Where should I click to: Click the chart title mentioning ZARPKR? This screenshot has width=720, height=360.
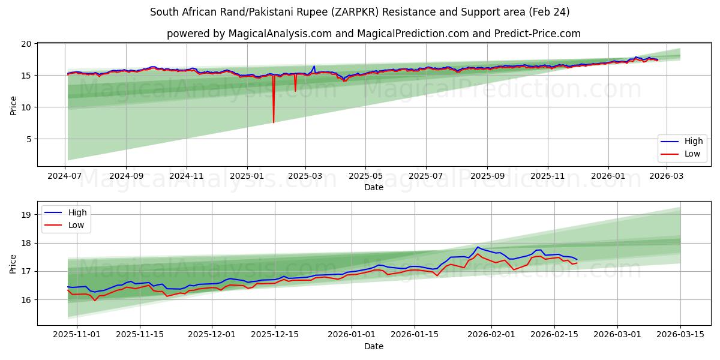coord(359,12)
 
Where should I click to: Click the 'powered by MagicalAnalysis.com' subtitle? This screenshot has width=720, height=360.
coord(373,34)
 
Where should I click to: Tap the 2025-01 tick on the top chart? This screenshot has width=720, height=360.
coord(247,177)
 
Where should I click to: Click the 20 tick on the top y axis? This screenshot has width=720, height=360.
coord(26,44)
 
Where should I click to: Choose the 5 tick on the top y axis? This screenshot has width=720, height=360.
coord(28,139)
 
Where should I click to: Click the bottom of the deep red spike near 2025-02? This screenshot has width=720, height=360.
coord(274,122)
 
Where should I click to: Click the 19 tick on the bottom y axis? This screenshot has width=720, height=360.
coord(26,215)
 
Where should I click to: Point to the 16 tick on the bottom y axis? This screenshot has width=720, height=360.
coord(26,299)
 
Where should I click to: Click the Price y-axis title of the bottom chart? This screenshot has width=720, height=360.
coord(13,263)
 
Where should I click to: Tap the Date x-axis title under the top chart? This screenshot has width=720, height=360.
coord(373,188)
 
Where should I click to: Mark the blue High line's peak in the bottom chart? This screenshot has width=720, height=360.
coord(478,247)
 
